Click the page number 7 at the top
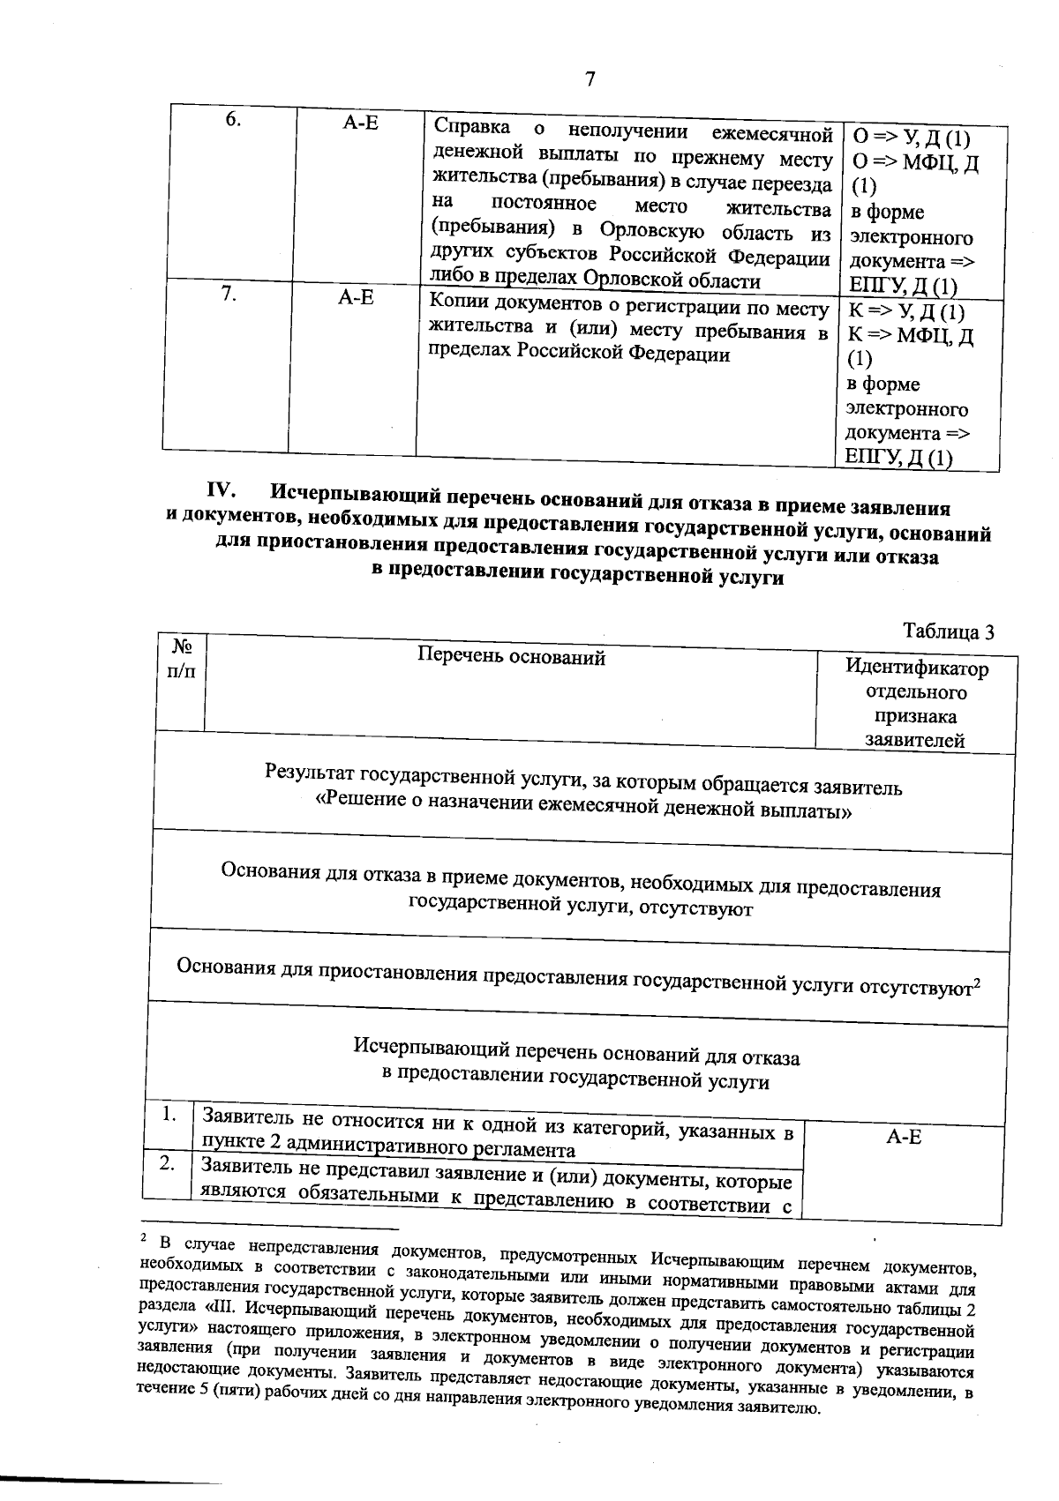point(590,79)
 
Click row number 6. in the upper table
point(233,121)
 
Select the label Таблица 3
point(949,631)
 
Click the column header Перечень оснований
point(511,656)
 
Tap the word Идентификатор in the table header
point(917,668)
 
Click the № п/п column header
point(181,658)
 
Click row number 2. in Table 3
point(168,1163)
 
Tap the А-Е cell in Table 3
point(904,1137)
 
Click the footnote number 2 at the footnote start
point(143,1238)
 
